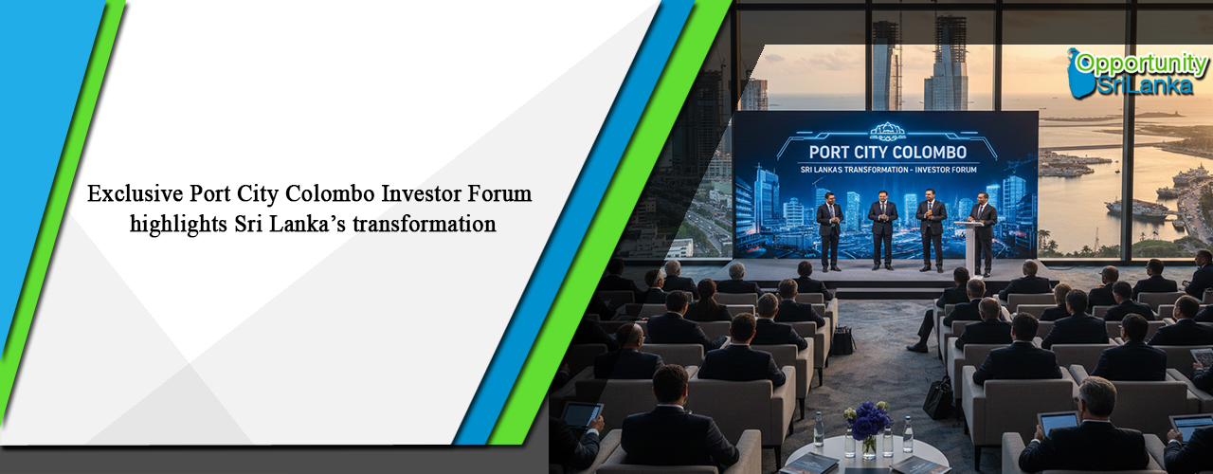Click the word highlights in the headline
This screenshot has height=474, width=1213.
point(172,225)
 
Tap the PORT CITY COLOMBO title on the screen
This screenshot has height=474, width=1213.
point(887,152)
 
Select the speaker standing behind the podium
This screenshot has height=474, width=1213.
point(984,228)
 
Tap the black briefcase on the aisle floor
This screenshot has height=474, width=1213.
point(939,398)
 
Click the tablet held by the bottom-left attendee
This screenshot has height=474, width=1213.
point(582,413)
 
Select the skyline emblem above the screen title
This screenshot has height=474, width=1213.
point(887,130)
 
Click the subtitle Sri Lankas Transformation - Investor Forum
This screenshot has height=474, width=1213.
point(887,172)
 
